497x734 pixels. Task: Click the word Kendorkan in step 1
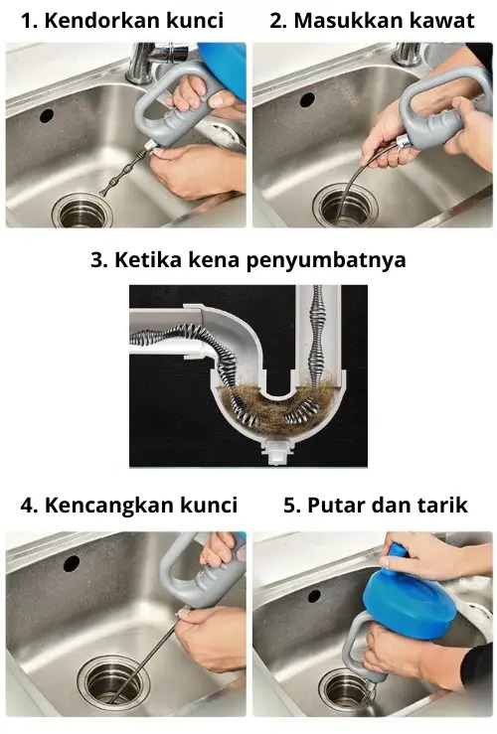[96, 21]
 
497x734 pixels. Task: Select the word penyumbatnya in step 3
[326, 260]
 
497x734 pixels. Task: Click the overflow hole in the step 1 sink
[47, 115]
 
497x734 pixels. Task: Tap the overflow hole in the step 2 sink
[307, 99]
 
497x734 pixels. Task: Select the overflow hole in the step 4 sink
[72, 563]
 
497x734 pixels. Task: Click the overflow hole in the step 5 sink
[314, 596]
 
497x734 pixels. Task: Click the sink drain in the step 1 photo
[83, 212]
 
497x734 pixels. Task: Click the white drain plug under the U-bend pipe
[277, 453]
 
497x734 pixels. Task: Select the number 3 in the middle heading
[97, 260]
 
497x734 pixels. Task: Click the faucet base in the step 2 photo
[406, 55]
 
